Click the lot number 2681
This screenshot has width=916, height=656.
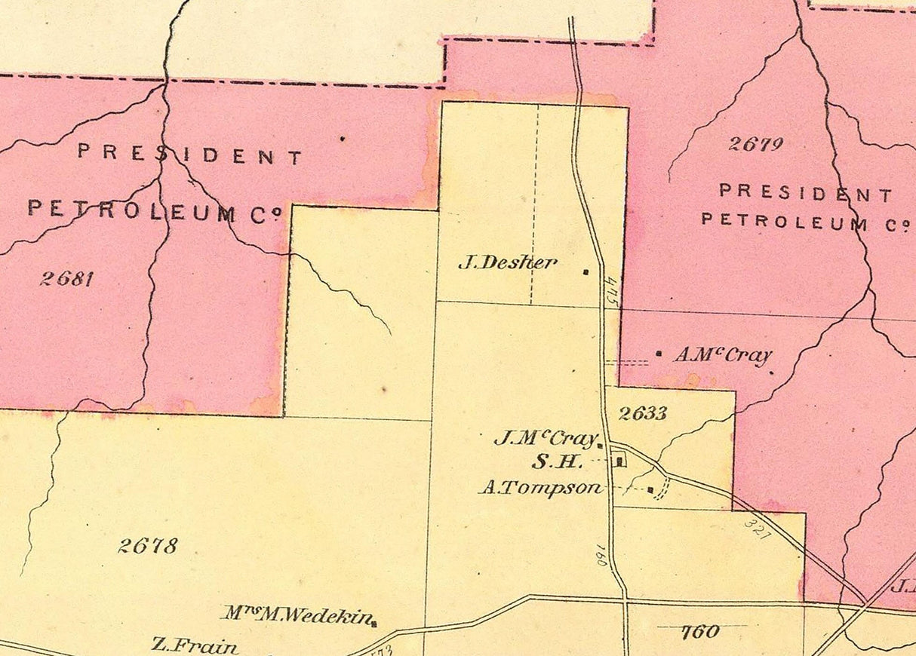point(66,278)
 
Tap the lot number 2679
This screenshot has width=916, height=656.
point(755,143)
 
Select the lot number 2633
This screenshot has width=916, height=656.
point(643,412)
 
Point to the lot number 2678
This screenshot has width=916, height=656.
point(148,545)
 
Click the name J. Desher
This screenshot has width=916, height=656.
point(508,262)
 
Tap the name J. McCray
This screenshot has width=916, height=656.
point(545,438)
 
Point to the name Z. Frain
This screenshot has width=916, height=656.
point(195,645)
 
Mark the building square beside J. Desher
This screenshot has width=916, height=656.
point(586,272)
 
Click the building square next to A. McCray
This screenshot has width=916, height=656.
point(659,353)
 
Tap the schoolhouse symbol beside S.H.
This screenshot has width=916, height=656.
point(619,460)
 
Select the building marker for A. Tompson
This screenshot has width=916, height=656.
point(650,489)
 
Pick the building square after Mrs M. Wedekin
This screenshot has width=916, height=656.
point(375,623)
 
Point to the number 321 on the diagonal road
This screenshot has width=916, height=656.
point(757,527)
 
